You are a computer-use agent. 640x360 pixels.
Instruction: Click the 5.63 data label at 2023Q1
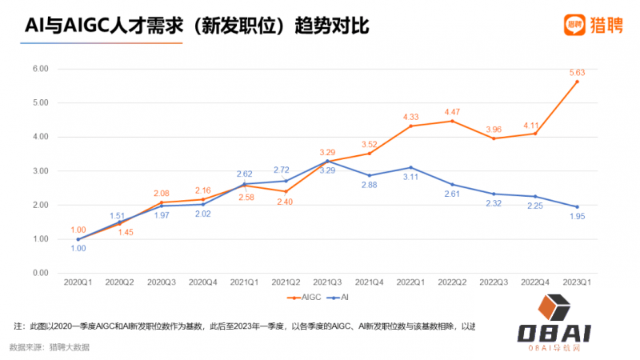[x=577, y=73]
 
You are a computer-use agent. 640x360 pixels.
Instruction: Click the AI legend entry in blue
[x=340, y=298]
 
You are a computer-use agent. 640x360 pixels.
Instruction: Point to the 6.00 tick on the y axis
[x=39, y=69]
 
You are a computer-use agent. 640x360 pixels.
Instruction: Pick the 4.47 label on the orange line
[x=452, y=112]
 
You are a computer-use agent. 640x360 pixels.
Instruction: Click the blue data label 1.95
[x=577, y=217]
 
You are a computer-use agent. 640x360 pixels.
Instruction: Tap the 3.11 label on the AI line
[x=410, y=177]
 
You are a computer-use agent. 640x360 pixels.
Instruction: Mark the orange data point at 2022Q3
[x=494, y=138]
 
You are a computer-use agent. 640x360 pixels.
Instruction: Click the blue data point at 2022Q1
[x=410, y=167]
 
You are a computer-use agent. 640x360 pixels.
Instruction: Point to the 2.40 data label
[x=286, y=202]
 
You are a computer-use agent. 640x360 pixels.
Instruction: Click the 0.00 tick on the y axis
[x=39, y=273]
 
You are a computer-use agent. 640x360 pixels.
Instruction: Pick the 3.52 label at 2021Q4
[x=369, y=144]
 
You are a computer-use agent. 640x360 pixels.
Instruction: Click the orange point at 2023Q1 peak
[x=577, y=82]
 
